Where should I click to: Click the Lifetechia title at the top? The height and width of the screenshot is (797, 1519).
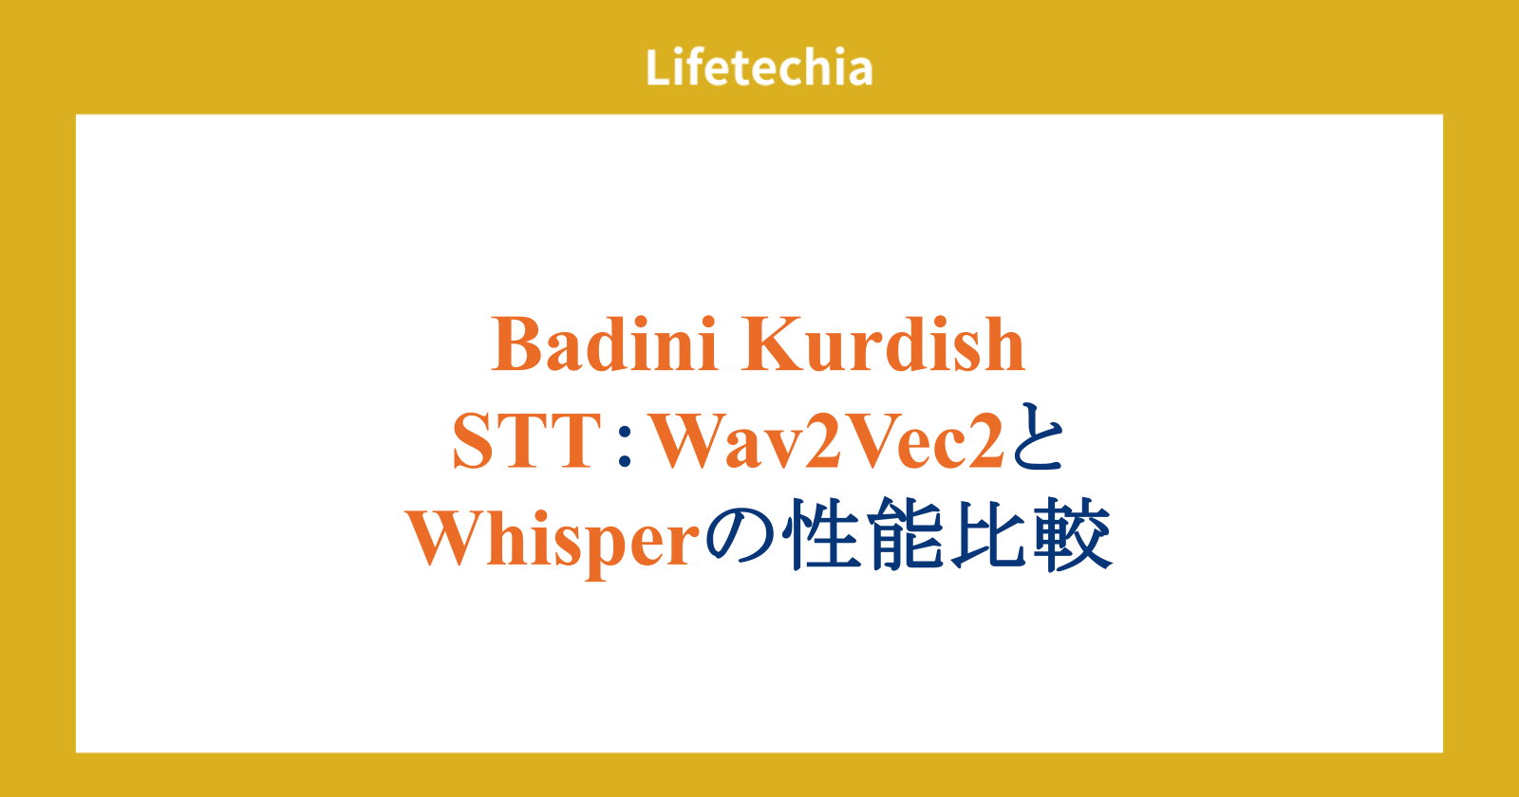point(759,67)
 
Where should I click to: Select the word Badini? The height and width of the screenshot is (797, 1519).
point(604,344)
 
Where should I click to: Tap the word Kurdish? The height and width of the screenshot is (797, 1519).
point(883,344)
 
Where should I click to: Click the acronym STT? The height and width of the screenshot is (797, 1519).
point(527,441)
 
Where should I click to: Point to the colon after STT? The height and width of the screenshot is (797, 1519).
point(626,448)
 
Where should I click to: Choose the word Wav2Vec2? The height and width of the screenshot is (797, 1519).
point(827,441)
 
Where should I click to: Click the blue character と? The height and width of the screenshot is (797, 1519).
point(1037,437)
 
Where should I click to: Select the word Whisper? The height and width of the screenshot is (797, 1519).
point(553,540)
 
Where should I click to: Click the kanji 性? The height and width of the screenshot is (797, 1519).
point(820,535)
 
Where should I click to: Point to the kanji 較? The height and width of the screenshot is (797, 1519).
point(1074,535)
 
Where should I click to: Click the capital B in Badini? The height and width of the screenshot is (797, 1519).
point(518,344)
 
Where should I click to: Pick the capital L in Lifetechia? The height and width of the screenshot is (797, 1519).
point(658,67)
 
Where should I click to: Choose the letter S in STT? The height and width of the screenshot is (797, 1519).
point(472,441)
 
